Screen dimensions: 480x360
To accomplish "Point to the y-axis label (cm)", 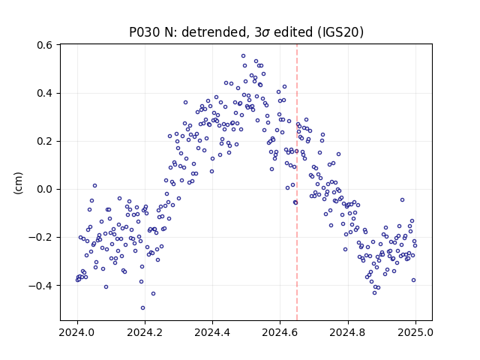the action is click(x=18, y=183).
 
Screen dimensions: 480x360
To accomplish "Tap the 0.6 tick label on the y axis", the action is click(x=44, y=45).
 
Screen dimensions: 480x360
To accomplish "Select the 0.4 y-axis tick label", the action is click(x=44, y=93).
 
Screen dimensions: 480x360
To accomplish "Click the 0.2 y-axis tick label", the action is click(x=44, y=141).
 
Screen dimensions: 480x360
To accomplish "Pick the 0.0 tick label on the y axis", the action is click(x=44, y=189).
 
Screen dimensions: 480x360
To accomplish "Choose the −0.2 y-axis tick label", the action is click(x=40, y=237).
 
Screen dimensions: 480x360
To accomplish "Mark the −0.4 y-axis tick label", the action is click(x=40, y=285).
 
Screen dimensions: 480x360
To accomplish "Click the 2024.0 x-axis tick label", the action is click(x=77, y=332).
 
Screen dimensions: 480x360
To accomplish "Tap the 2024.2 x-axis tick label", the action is click(x=145, y=332).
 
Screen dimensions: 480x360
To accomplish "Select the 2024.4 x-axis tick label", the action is click(x=212, y=332).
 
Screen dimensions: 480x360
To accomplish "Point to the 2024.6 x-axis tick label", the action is click(x=280, y=332).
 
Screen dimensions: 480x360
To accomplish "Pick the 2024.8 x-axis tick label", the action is click(x=347, y=332).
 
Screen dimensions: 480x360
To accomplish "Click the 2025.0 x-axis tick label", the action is click(x=415, y=332).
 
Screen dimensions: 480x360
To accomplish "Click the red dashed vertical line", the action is click(x=297, y=182).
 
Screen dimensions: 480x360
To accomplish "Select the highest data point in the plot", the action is click(x=243, y=56).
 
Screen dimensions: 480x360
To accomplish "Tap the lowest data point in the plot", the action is click(x=142, y=308).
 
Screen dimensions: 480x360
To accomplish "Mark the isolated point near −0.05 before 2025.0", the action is click(x=402, y=200).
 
